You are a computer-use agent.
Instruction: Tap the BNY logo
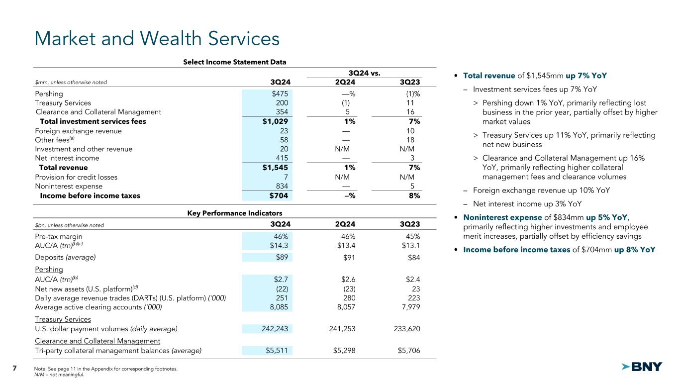[x=642, y=367]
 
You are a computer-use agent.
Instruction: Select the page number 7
[x=14, y=368]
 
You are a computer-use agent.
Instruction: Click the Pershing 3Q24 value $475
[x=280, y=94]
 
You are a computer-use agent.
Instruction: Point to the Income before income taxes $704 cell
[x=280, y=195]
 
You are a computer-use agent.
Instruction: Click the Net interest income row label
[x=67, y=158]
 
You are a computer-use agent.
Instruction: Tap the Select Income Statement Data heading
[x=235, y=62]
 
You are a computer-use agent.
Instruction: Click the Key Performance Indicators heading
[x=235, y=213]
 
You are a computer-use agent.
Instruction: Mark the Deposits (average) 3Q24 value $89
[x=282, y=257]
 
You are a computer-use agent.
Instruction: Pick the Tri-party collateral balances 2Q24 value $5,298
[x=341, y=351]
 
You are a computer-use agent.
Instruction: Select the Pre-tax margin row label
[x=59, y=237]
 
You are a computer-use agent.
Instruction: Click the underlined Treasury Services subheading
[x=63, y=319]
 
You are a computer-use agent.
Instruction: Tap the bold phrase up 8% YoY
[x=635, y=250]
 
